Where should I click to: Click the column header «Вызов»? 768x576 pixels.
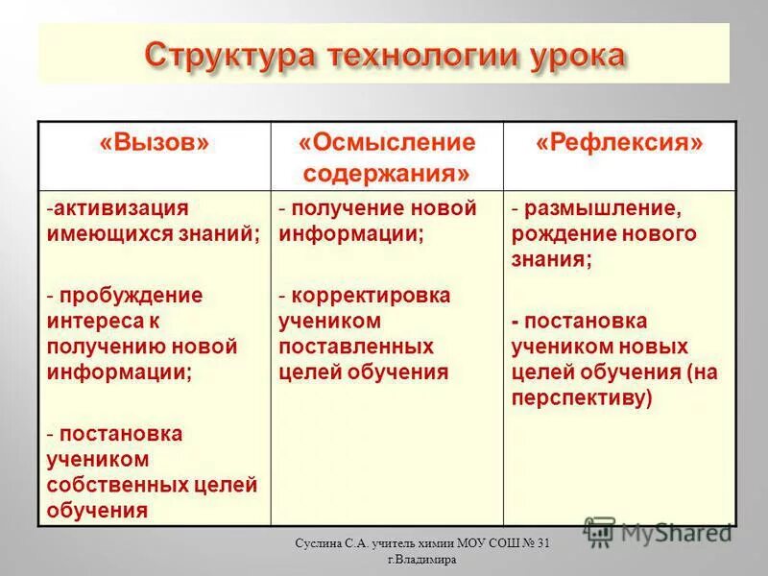pos(154,144)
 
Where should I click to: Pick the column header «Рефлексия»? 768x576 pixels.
pos(619,144)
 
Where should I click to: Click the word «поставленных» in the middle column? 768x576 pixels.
pos(356,346)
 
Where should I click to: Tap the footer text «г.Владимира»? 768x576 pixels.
pos(421,561)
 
